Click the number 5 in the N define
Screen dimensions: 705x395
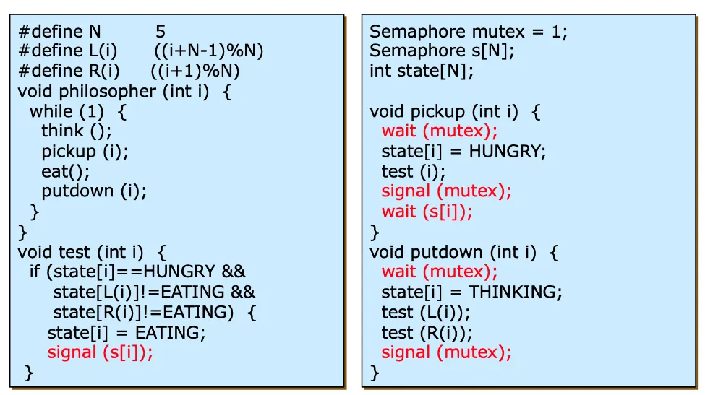coord(160,32)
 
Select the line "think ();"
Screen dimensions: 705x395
coord(76,131)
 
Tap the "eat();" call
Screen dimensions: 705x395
coord(66,172)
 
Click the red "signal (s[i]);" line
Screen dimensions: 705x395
coord(101,352)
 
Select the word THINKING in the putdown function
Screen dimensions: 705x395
coord(515,292)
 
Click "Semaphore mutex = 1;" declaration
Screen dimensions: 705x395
coord(469,32)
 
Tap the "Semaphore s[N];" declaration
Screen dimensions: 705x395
coord(442,51)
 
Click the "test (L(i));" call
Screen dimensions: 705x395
coord(426,313)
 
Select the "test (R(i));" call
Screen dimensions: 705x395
coord(427,333)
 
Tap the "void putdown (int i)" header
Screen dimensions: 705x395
coord(453,252)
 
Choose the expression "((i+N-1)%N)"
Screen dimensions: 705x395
coord(208,51)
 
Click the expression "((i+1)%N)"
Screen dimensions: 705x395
coord(195,71)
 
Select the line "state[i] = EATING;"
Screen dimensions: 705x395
coord(127,332)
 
